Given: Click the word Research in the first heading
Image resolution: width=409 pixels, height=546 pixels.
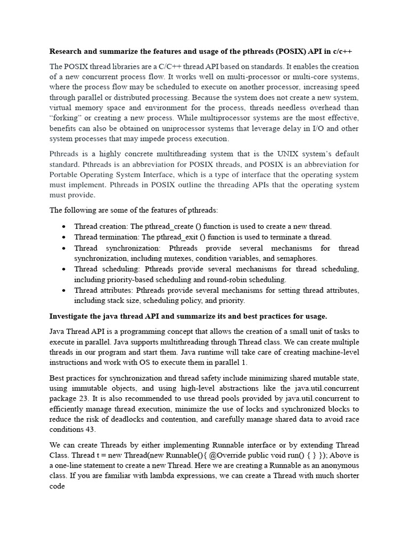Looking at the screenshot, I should coord(68,52).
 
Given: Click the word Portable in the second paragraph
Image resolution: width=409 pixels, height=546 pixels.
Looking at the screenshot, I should coord(64,175).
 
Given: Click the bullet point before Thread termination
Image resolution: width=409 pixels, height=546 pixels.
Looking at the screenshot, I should coord(64,237).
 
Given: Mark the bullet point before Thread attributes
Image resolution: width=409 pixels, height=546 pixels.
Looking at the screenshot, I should coord(64,291).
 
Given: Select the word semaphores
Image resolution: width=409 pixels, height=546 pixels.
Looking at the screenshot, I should coord(297,258).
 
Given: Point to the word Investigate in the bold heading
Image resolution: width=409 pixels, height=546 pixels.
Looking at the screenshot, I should coord(71,316).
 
